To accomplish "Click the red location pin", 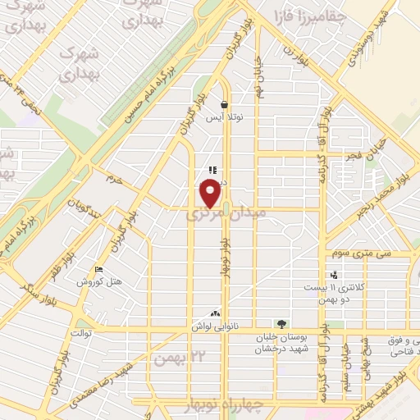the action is (211, 194).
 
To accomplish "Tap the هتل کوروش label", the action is (99, 281).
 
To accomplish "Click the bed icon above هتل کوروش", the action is (99, 270).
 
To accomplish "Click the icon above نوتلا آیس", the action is (224, 104).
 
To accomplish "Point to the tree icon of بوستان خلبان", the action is (282, 325).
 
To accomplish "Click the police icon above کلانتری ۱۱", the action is (333, 276).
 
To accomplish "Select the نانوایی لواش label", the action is (215, 326).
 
